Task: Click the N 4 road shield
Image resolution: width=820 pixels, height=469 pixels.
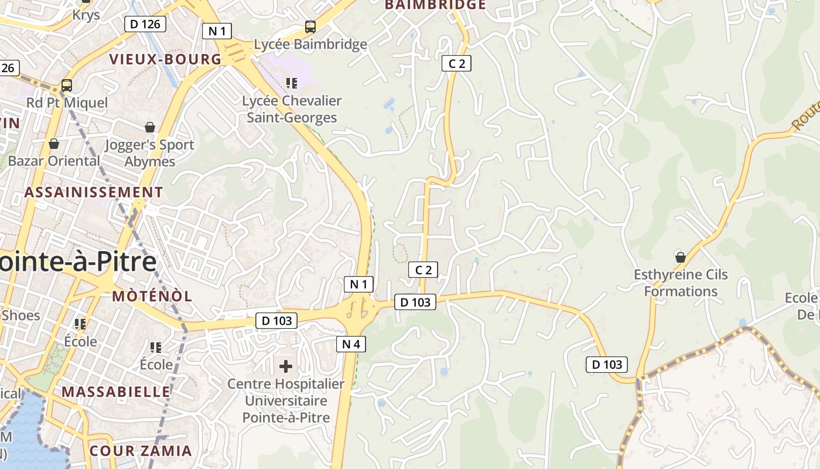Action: click(351, 344)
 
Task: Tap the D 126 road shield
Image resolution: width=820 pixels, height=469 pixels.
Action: click(145, 24)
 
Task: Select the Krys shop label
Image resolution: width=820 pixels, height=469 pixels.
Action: click(86, 14)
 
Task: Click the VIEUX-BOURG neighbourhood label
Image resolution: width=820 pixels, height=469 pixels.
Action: click(166, 59)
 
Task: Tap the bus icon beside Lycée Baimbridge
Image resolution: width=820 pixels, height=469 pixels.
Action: click(310, 27)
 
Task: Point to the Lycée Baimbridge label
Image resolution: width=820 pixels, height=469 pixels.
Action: click(310, 44)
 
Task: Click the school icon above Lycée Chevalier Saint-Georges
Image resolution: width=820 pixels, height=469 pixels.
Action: click(292, 83)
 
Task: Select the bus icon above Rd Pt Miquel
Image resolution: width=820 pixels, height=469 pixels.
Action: click(67, 86)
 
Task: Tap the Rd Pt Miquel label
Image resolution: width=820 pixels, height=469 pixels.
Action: click(67, 103)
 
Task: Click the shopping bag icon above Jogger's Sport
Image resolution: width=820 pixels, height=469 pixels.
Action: click(150, 127)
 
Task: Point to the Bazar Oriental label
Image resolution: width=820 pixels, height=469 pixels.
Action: click(54, 161)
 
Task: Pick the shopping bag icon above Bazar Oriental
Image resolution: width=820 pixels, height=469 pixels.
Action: click(54, 144)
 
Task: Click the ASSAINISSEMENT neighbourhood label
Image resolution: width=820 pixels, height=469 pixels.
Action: click(94, 192)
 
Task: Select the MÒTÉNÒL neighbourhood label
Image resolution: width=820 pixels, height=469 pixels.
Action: click(152, 296)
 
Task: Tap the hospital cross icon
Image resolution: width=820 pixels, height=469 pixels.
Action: click(286, 367)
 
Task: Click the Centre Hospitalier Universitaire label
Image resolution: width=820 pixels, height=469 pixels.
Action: click(286, 401)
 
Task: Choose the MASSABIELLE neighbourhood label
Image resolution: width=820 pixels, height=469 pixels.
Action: click(116, 392)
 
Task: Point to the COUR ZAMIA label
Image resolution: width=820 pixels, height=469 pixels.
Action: click(141, 451)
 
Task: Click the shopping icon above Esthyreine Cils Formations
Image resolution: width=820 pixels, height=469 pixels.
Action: click(680, 257)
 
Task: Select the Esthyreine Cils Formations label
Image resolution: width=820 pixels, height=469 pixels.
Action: click(681, 283)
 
